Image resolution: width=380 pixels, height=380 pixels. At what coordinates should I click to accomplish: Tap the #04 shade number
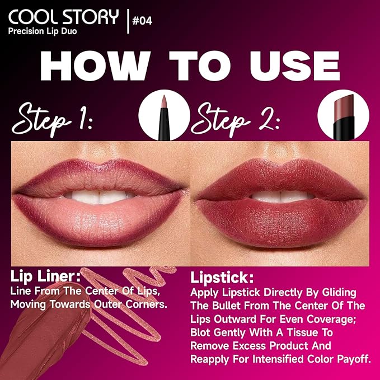(141, 21)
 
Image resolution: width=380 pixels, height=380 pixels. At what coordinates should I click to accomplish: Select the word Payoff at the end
(349, 359)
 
